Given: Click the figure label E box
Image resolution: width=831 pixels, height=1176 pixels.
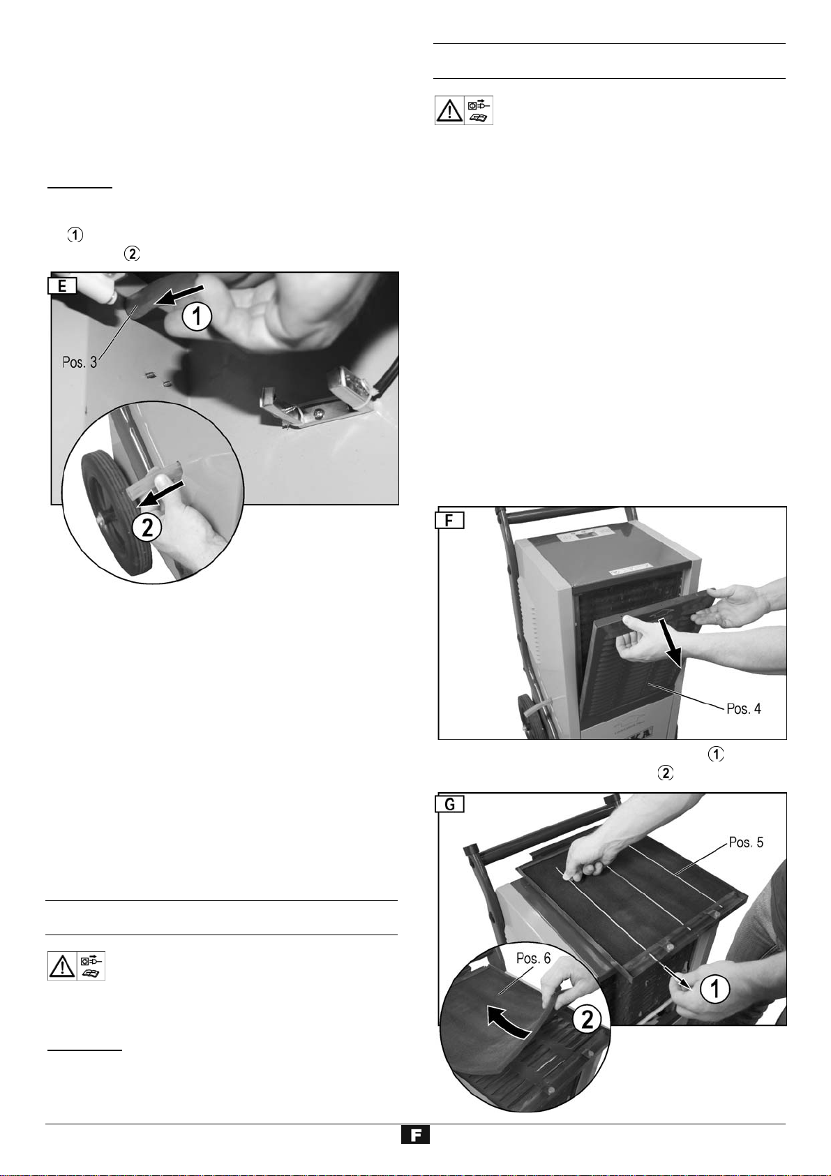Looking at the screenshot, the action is coord(63,285).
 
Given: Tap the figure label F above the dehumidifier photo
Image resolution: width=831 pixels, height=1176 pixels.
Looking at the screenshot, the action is coord(450,520).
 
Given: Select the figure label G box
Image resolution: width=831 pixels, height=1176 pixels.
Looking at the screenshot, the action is coord(450,804).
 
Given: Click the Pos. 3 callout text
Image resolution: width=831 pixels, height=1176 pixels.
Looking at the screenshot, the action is coord(80,362).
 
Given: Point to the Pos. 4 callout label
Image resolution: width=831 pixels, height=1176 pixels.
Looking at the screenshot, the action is coord(743,709).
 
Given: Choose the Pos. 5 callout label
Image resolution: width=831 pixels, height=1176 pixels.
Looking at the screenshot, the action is coord(746,842).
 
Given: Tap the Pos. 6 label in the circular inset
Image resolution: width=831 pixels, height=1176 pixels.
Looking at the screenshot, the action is coord(533,958).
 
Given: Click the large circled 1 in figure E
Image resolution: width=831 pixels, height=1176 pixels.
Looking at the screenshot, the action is coord(197,317).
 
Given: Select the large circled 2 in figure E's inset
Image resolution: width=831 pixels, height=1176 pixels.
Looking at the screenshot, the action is coord(147,527).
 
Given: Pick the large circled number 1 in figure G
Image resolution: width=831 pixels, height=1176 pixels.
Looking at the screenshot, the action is coord(715,989).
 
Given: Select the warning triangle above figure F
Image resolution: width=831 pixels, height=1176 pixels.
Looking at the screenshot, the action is coord(449,110).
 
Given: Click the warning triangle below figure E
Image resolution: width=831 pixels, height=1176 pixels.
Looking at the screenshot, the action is coord(62,965).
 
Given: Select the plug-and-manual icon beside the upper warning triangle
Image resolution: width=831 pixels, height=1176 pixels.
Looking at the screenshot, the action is coord(479,110).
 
